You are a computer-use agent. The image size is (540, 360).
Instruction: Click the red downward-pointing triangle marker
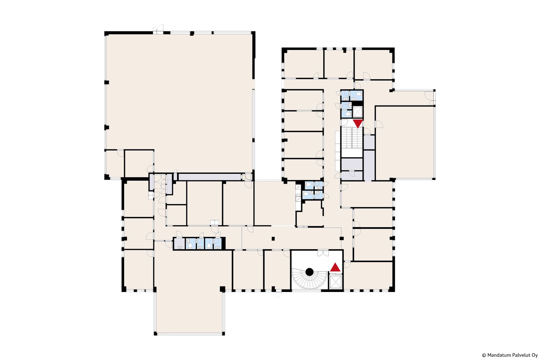pyautogui.click(x=358, y=123)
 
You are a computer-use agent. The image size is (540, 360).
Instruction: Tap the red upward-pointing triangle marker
pyautogui.click(x=335, y=267)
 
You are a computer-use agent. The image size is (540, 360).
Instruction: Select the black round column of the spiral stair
pyautogui.click(x=310, y=272)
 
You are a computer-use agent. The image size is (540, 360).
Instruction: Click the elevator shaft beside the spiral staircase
pyautogui.click(x=336, y=282)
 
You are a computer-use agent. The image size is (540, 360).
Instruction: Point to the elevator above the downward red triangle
pyautogui.click(x=357, y=112)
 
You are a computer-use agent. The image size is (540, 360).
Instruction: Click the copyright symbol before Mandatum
pyautogui.click(x=484, y=355)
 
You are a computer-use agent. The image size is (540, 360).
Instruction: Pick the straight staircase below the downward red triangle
pyautogui.click(x=352, y=138)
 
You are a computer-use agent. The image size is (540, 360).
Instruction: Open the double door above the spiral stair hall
pyautogui.click(x=323, y=253)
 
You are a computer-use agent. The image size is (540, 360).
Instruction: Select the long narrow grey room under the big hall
pyautogui.click(x=210, y=177)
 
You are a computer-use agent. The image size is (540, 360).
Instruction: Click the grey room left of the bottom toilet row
pyautogui.click(x=179, y=243)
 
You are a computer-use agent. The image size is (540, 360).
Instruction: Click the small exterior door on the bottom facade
pyautogui.click(x=279, y=294)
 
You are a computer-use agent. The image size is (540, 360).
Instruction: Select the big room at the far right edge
pyautogui.click(x=405, y=143)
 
